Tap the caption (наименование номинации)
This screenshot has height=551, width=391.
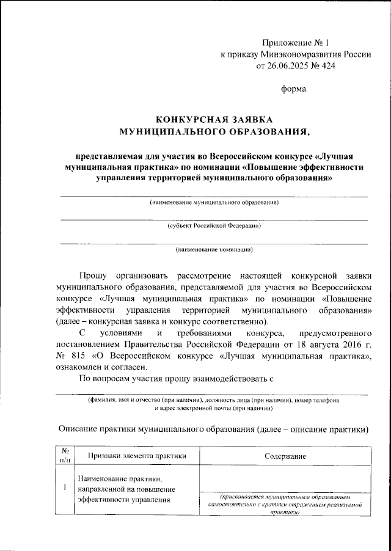(214, 249)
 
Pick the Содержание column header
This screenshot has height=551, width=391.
(286, 456)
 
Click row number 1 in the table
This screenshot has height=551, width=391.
(65, 489)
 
